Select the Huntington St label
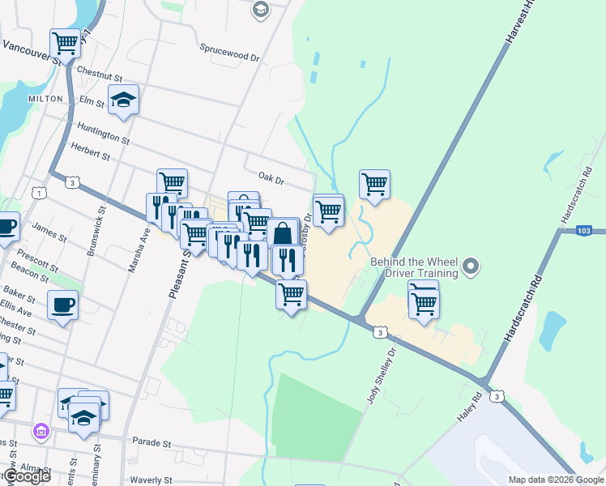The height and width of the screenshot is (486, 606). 103,134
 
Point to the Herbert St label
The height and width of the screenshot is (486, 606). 90,151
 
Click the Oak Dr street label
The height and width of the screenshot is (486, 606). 271,177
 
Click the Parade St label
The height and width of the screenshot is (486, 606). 151,444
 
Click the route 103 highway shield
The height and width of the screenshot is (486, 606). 586,231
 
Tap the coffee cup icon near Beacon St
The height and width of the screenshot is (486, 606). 62,305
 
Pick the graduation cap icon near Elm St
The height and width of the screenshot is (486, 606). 124,100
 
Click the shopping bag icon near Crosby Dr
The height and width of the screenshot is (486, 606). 283,233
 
